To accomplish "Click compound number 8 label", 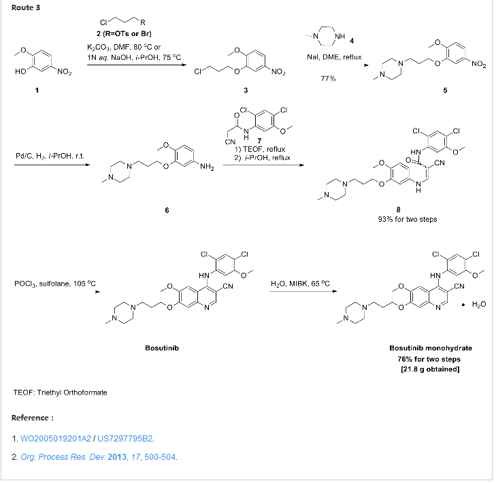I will (x=398, y=210).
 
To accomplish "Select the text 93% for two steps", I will (x=399, y=219).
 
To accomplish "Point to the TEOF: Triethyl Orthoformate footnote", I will (x=60, y=393).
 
